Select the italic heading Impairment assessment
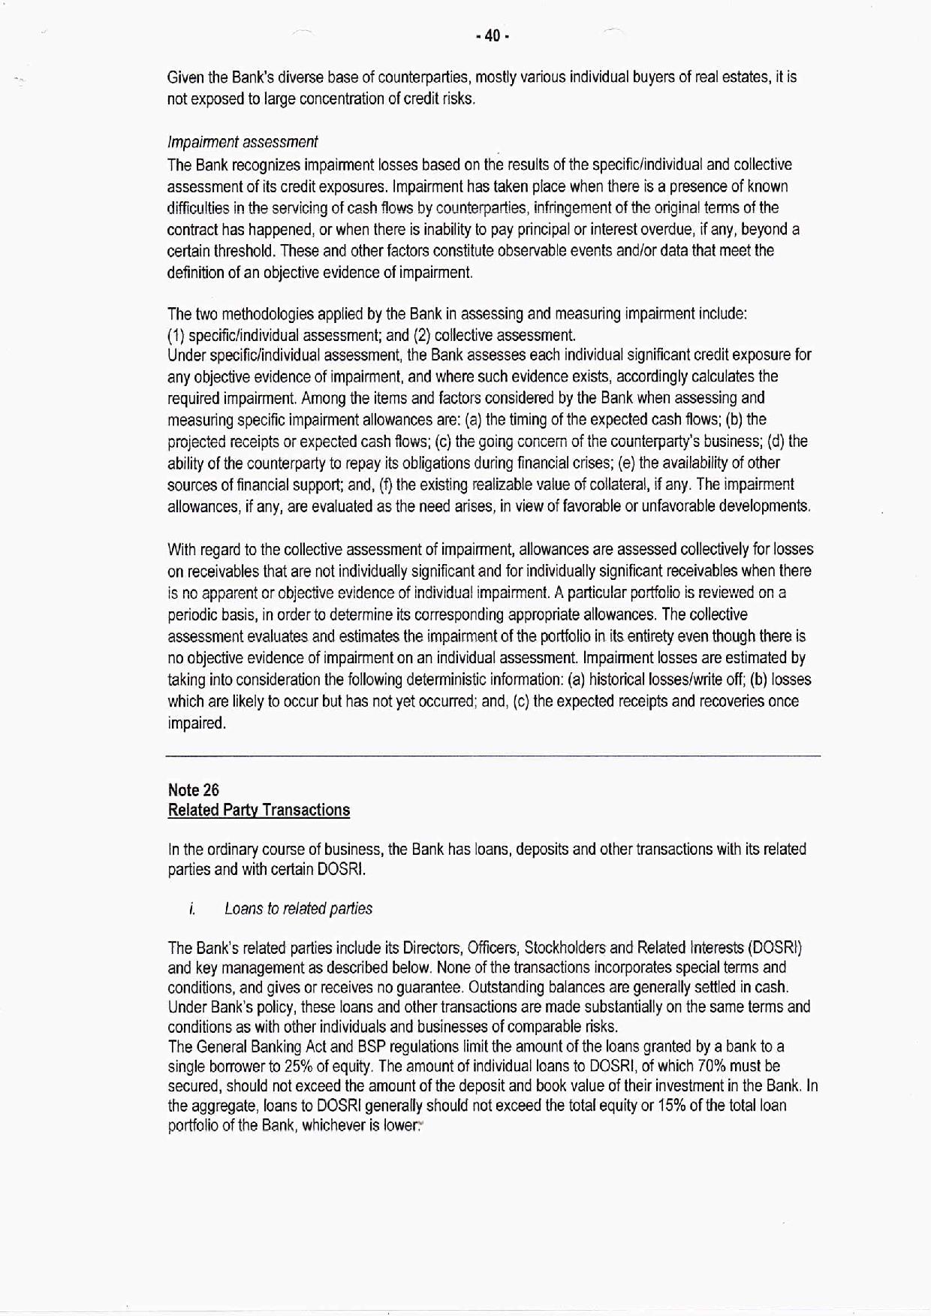pos(242,142)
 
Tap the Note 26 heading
pos(194,789)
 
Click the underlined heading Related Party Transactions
pos(259,810)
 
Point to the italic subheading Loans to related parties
pos(298,909)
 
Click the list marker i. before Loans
pos(192,909)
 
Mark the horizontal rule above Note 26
pos(493,755)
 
